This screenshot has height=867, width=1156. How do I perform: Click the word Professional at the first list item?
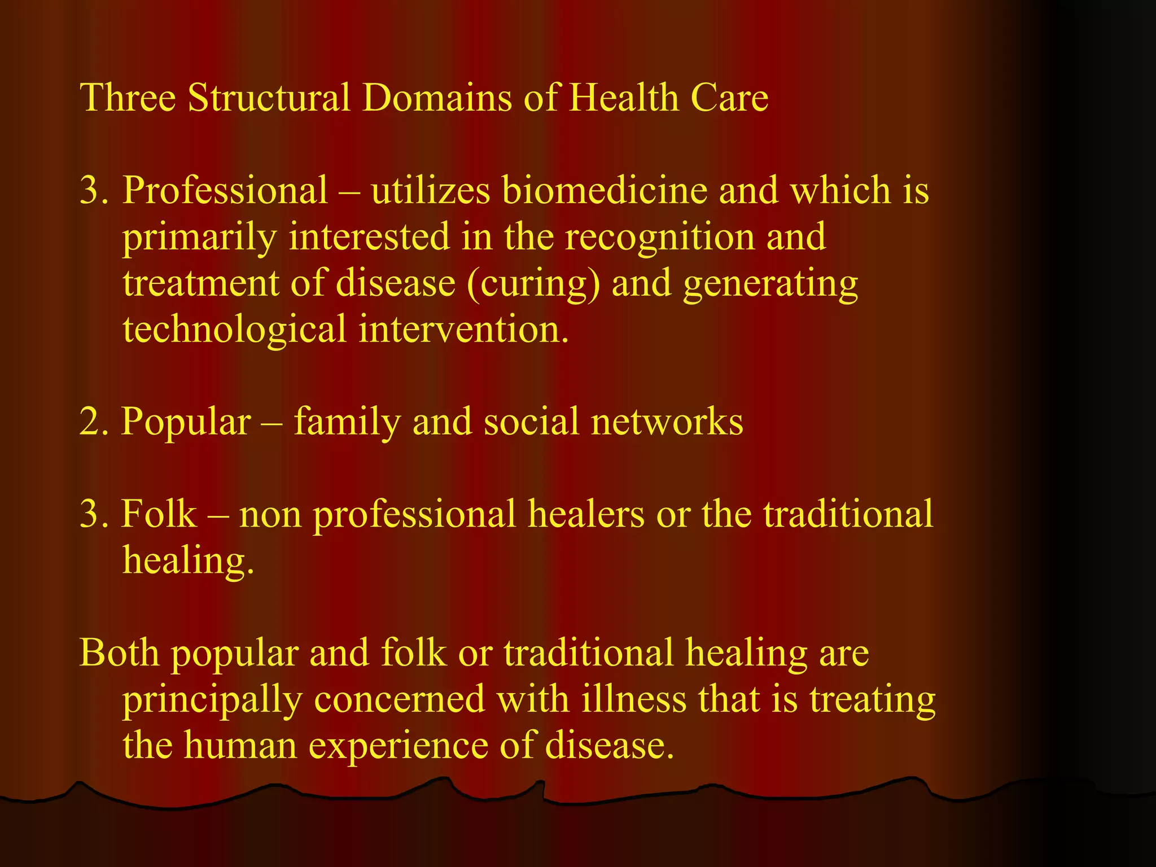pyautogui.click(x=225, y=190)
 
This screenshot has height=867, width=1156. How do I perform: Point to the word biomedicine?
pyautogui.click(x=604, y=190)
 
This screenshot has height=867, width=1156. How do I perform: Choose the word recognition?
pyautogui.click(x=660, y=238)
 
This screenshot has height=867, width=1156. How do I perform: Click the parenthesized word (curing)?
pyautogui.click(x=533, y=284)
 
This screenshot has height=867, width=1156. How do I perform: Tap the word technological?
pyautogui.click(x=234, y=329)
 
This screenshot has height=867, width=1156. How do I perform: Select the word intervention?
pyautogui.click(x=463, y=329)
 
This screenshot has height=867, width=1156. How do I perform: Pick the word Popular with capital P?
pyautogui.click(x=186, y=423)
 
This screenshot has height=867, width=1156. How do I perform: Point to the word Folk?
pyautogui.click(x=159, y=514)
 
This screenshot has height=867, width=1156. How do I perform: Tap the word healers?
pyautogui.click(x=585, y=514)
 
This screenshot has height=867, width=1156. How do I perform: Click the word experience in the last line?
pyautogui.click(x=398, y=747)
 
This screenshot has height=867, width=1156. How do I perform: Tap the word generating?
pyautogui.click(x=770, y=284)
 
